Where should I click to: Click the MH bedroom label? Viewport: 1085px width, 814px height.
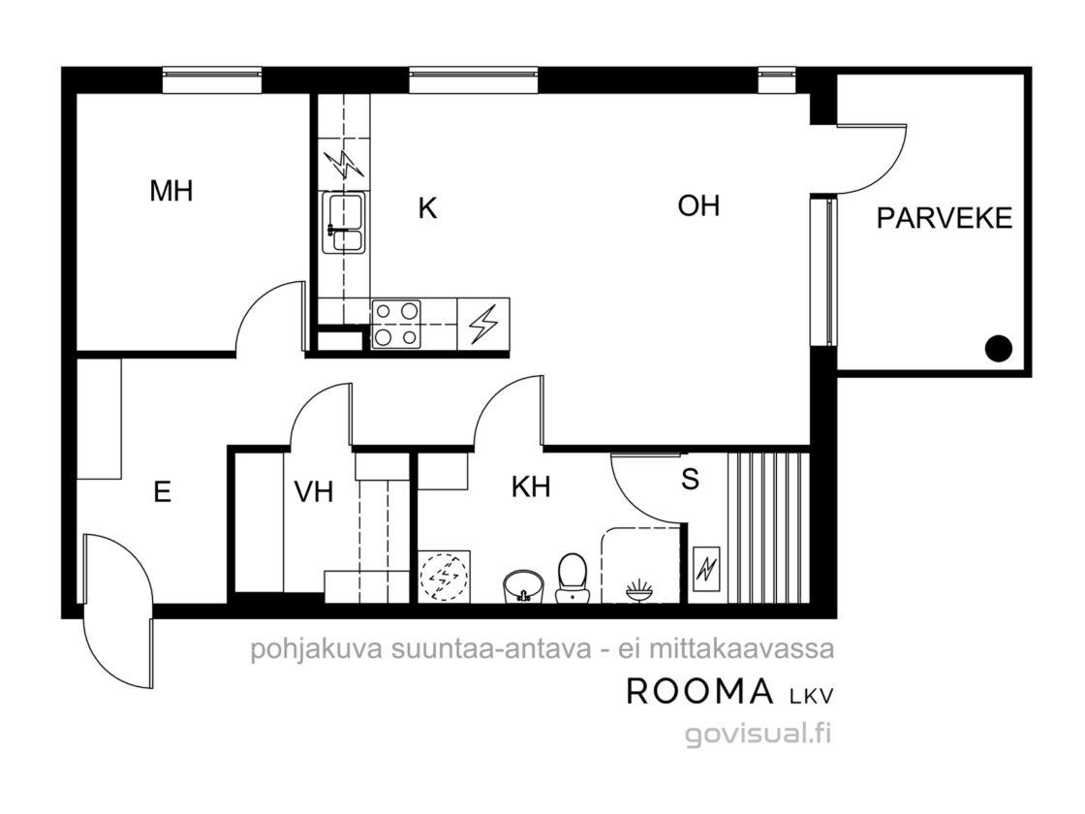170,190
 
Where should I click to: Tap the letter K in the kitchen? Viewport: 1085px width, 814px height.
427,207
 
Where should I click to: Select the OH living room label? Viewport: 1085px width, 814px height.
698,205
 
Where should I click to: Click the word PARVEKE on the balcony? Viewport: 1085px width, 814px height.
944,218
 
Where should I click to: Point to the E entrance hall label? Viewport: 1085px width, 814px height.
162,492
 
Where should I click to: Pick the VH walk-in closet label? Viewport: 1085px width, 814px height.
314,492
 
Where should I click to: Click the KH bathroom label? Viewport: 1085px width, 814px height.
531,487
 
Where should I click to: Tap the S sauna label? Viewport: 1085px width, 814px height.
690,479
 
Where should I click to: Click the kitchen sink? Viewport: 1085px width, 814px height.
343,223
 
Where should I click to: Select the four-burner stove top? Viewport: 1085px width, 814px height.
396,324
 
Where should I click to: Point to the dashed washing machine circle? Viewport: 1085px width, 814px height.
445,576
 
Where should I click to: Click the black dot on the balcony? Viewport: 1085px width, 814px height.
999,348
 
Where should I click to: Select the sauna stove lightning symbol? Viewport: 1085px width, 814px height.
706,568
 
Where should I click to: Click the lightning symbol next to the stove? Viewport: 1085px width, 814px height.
483,324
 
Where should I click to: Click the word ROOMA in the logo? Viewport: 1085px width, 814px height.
699,691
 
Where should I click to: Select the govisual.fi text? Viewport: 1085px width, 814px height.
758,733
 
